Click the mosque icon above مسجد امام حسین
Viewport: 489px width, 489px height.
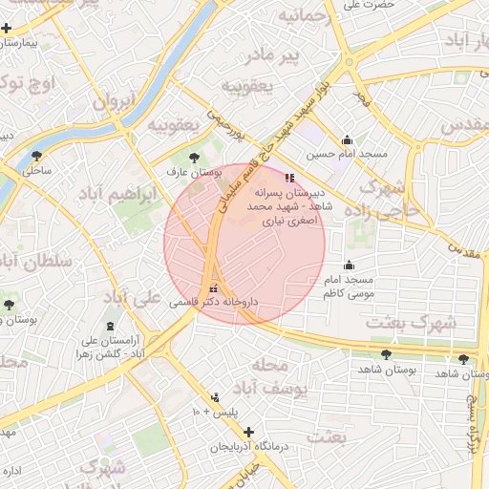point(347,139)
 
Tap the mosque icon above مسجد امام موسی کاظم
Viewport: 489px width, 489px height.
point(349,266)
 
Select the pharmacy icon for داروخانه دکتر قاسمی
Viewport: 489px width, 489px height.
point(213,287)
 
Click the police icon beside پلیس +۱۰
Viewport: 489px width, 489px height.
point(215,397)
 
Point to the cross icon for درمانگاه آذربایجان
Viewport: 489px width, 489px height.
point(249,432)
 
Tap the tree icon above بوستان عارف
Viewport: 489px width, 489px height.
point(196,158)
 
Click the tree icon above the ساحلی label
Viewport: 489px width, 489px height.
point(37,156)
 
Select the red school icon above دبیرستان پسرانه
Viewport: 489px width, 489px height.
point(289,177)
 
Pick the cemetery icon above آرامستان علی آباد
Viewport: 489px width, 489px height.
point(111,327)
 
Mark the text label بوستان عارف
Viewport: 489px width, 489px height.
point(193,175)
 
